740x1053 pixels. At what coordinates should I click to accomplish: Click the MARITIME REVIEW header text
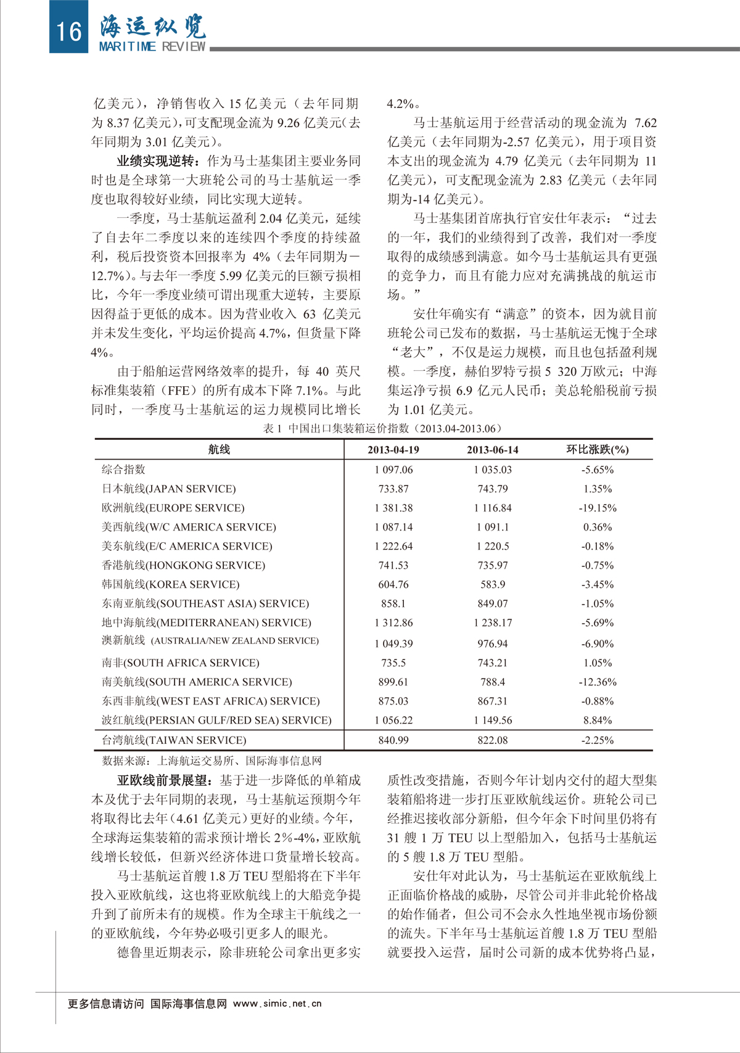pyautogui.click(x=152, y=47)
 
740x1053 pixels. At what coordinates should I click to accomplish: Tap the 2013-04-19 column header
pyautogui.click(x=393, y=450)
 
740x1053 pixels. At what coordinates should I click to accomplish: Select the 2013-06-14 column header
pyautogui.click(x=492, y=450)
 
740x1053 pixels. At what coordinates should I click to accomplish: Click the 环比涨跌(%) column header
pyautogui.click(x=597, y=450)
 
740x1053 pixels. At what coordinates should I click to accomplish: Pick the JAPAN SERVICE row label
pyautogui.click(x=168, y=489)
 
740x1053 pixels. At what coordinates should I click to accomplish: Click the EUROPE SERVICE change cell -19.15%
pyautogui.click(x=597, y=508)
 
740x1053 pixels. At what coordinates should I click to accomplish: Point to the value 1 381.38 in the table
pyautogui.click(x=393, y=508)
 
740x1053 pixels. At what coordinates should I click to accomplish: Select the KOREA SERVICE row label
pyautogui.click(x=170, y=584)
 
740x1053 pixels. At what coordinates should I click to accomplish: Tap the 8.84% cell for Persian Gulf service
pyautogui.click(x=597, y=720)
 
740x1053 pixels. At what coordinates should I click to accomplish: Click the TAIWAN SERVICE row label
pyautogui.click(x=173, y=740)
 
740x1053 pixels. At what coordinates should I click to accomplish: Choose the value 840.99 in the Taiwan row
pyautogui.click(x=393, y=740)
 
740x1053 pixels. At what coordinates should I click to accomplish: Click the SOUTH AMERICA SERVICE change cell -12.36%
pyautogui.click(x=597, y=682)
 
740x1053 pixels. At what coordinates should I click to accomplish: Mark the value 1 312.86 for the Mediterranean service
pyautogui.click(x=393, y=622)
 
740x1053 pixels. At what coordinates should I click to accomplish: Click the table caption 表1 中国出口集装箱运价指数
pyautogui.click(x=382, y=428)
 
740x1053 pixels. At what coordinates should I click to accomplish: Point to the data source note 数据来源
pyautogui.click(x=211, y=761)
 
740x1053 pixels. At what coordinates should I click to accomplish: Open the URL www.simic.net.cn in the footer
pyautogui.click(x=277, y=1004)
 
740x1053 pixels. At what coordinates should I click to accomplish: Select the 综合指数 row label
pyautogui.click(x=123, y=469)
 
